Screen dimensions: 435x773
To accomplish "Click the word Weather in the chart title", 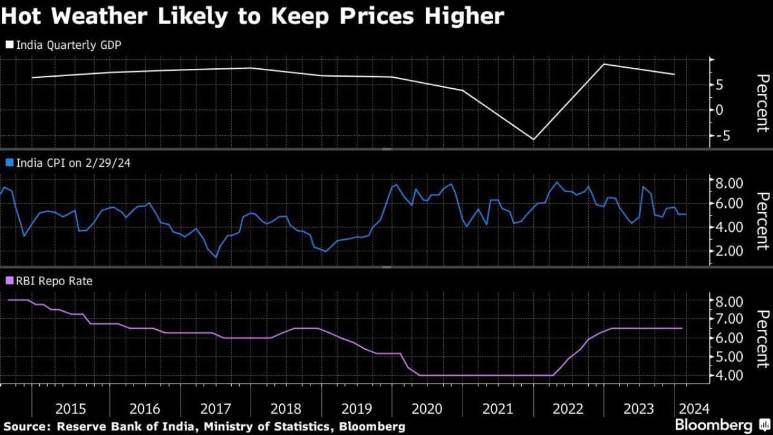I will pos(105,16).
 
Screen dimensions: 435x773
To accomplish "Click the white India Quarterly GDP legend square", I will pos(8,44).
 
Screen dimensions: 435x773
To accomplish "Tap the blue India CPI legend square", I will pos(8,163).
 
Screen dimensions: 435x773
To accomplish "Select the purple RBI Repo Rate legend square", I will pos(8,280).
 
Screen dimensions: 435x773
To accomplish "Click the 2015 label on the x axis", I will pos(70,408).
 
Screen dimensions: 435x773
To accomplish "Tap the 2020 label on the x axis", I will pos(427,408).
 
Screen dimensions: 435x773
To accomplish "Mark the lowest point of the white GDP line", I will pos(533,140).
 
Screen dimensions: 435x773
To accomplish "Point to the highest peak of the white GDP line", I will pos(604,64).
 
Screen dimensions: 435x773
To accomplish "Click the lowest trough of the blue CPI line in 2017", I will pos(216,257).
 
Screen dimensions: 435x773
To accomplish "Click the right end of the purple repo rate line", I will pos(682,328).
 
